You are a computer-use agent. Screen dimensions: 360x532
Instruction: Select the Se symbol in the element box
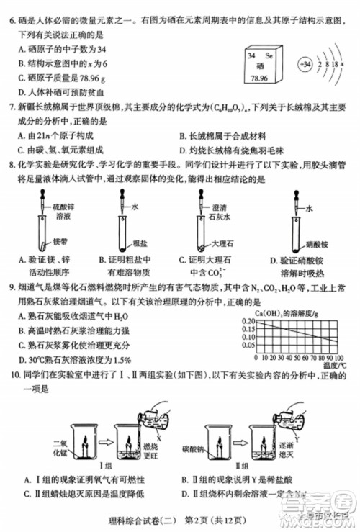267,55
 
